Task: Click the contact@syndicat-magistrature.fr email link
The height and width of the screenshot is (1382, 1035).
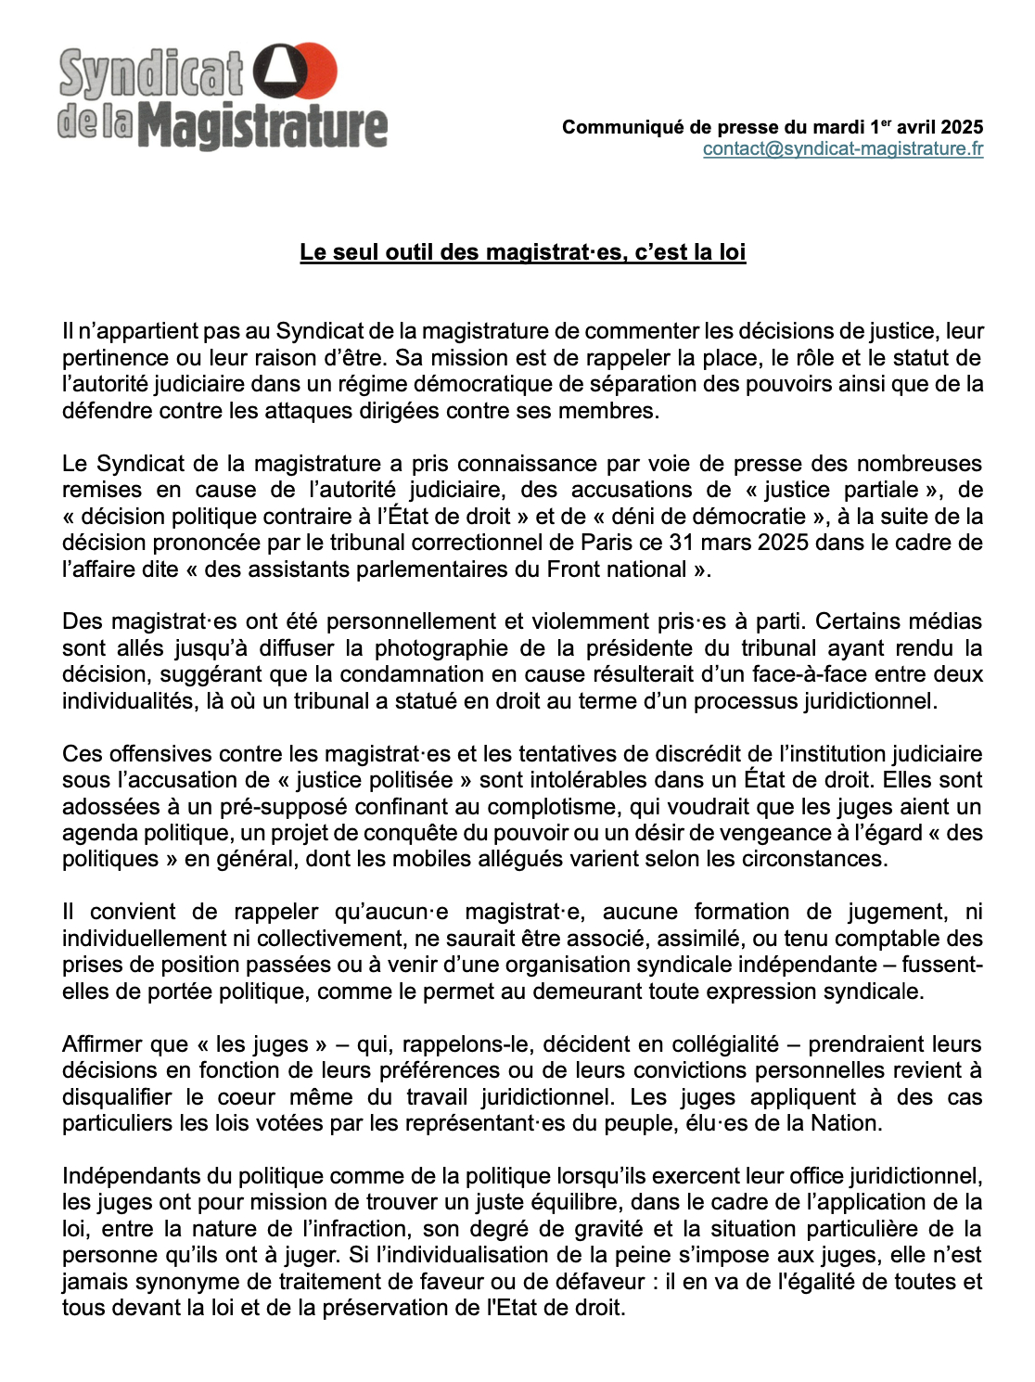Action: pos(842,149)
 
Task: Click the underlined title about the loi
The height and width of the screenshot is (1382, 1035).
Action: pos(522,252)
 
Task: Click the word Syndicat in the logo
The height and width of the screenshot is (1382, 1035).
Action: pos(151,74)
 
